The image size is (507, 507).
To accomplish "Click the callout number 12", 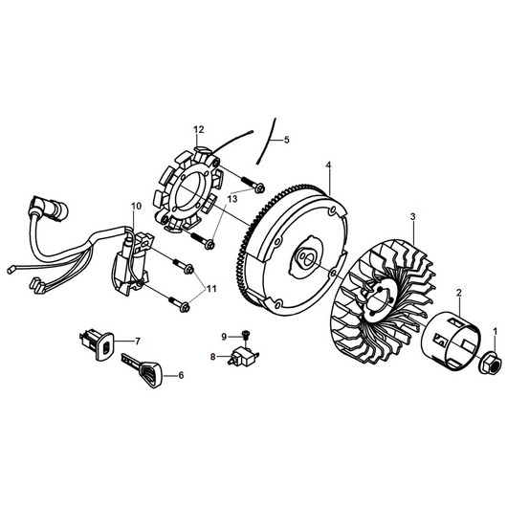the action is [199, 130].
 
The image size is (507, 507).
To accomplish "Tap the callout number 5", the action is [286, 140].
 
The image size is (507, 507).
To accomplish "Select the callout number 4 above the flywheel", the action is [328, 165].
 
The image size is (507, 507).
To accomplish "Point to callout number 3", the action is [412, 216].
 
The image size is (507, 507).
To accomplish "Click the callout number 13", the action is [232, 199].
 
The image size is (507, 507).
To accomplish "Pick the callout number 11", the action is [211, 289].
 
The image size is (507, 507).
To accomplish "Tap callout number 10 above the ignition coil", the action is [136, 206].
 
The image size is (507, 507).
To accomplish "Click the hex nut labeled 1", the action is [491, 364].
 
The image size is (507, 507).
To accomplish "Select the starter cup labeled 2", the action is [452, 341].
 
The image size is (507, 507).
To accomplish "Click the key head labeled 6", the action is [150, 372].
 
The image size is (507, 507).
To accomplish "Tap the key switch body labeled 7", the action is [97, 344].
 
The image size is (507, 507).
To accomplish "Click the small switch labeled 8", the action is [244, 357].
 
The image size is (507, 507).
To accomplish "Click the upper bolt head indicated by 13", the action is [259, 187].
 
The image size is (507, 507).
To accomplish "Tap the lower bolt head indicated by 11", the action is [185, 307].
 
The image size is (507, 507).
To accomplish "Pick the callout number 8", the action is [212, 357].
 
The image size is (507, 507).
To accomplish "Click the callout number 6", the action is [181, 375].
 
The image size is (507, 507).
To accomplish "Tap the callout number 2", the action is [459, 294].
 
